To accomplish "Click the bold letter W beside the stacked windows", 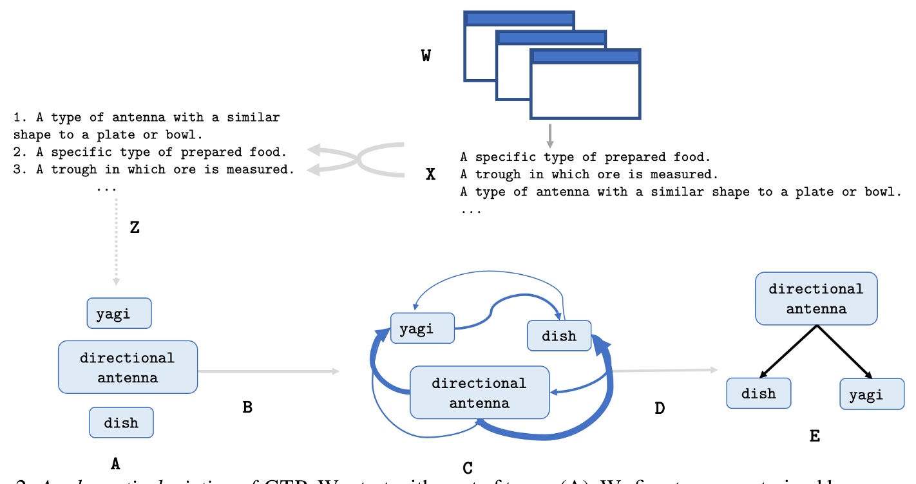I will click(426, 56).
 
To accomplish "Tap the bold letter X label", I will click(431, 174).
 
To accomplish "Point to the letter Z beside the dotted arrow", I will click(135, 227).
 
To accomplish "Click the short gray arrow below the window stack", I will click(549, 134).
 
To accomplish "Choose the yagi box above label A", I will click(119, 313).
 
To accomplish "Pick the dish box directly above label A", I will click(121, 423).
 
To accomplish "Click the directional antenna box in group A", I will click(128, 367).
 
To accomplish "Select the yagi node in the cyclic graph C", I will click(423, 329).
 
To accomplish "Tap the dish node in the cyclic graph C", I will click(559, 335).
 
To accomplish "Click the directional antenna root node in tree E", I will click(816, 299).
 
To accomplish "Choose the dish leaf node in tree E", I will click(758, 393).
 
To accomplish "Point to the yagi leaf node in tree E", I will click(872, 394).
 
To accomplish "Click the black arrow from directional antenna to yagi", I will click(845, 352).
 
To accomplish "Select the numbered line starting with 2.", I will click(149, 153).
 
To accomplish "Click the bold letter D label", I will click(659, 407).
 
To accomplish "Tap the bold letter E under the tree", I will click(814, 436).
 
